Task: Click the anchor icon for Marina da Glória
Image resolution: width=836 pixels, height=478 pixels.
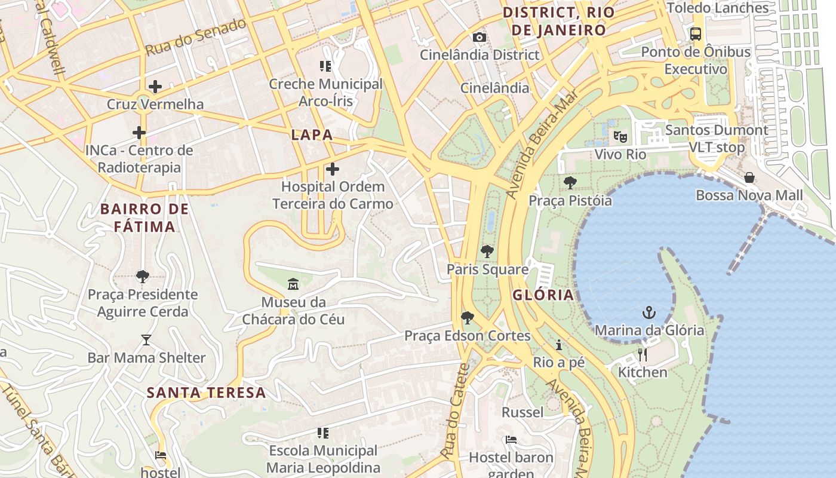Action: coord(648,312)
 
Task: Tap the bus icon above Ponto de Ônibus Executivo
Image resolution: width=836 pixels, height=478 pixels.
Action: coord(696,34)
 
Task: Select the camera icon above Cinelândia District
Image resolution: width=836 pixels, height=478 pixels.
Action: coord(479,38)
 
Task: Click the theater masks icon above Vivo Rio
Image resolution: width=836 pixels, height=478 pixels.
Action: coord(620,137)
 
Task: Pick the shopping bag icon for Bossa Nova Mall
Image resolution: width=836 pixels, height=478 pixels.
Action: coord(749,178)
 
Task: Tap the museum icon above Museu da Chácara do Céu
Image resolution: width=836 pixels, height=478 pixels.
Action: coord(293,284)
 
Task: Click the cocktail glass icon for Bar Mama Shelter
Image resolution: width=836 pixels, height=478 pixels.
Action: coord(146,340)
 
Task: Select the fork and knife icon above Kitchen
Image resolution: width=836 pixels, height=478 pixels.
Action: coord(643,354)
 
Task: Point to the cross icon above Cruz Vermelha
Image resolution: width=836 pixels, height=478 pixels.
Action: coord(155,87)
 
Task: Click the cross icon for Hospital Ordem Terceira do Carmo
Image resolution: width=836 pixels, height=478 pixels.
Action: coord(333,169)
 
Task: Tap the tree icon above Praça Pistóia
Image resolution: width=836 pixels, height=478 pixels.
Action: coord(570,183)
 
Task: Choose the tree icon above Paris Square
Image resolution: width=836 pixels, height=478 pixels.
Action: coord(487,252)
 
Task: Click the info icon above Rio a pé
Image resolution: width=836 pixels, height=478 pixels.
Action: coord(559,345)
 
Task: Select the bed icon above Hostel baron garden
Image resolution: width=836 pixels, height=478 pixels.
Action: coord(511,440)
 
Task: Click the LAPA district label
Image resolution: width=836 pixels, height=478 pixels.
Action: coord(312,135)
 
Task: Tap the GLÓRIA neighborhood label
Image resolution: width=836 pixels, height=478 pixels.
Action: coord(543,295)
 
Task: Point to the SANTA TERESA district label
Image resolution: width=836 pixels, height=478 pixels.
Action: coord(206,393)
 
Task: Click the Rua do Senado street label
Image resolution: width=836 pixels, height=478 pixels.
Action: coord(196,37)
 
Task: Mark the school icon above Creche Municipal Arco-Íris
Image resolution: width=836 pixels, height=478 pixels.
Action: coord(325,66)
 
